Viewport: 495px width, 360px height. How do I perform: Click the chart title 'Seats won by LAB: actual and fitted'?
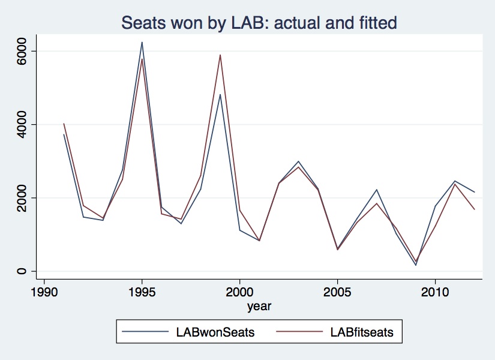259,23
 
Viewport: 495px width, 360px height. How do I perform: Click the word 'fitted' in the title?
374,23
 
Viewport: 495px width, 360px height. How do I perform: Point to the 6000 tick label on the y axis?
21,51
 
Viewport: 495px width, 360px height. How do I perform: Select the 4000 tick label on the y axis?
21,124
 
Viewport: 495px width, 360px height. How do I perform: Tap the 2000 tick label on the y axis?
21,198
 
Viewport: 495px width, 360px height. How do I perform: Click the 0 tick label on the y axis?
21,271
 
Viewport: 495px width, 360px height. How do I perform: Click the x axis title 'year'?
259,307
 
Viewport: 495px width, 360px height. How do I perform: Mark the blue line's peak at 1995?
142,42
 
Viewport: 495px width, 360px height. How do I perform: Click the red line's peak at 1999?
220,55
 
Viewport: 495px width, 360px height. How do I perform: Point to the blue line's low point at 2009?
415,265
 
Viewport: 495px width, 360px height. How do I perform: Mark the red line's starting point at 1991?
64,124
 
